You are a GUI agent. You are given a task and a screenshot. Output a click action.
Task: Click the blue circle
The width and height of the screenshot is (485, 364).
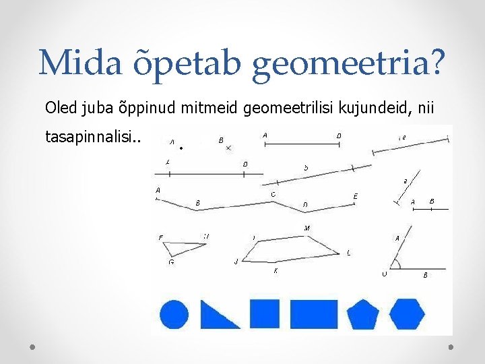click(x=174, y=315)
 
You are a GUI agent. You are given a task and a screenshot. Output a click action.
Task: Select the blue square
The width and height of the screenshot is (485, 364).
click(x=265, y=313)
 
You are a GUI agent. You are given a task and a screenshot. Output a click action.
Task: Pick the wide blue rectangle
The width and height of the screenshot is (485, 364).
click(x=313, y=313)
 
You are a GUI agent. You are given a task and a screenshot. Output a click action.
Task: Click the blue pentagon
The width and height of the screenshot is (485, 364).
click(x=362, y=314)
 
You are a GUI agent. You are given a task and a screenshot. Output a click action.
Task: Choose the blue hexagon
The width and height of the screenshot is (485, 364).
click(x=407, y=313)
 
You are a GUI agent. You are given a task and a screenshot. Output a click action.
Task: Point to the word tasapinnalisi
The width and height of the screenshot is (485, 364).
click(x=92, y=138)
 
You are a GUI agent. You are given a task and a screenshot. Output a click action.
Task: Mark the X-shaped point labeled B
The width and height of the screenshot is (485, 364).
click(x=229, y=148)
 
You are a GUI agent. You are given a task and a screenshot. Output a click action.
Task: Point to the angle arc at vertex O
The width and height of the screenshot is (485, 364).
click(x=397, y=264)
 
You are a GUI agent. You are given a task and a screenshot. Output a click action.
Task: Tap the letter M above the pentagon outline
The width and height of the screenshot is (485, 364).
click(x=306, y=229)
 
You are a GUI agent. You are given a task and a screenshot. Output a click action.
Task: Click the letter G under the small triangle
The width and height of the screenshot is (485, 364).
click(x=171, y=262)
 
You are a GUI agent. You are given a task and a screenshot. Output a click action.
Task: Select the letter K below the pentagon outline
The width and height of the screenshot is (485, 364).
click(x=276, y=271)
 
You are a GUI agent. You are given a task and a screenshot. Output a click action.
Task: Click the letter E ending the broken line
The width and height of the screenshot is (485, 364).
click(x=356, y=197)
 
